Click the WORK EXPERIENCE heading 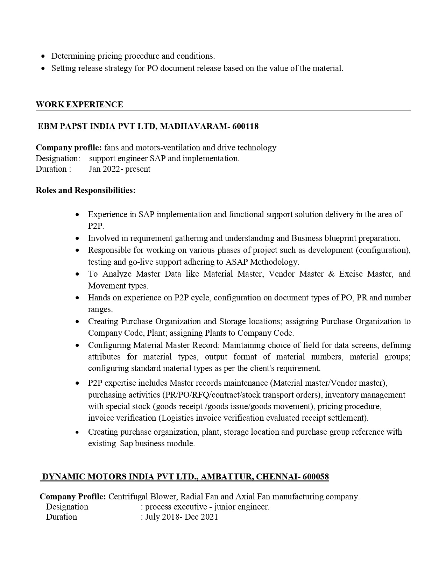click(x=79, y=105)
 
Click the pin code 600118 click(x=245, y=126)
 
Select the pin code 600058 click(x=316, y=477)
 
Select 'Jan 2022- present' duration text click(x=120, y=169)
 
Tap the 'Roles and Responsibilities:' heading click(x=86, y=190)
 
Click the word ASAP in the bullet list click(x=237, y=262)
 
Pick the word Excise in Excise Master click(x=351, y=274)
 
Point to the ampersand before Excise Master click(x=331, y=274)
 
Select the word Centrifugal click(x=128, y=497)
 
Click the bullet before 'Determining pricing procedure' click(x=43, y=56)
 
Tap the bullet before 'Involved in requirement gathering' click(x=78, y=238)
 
